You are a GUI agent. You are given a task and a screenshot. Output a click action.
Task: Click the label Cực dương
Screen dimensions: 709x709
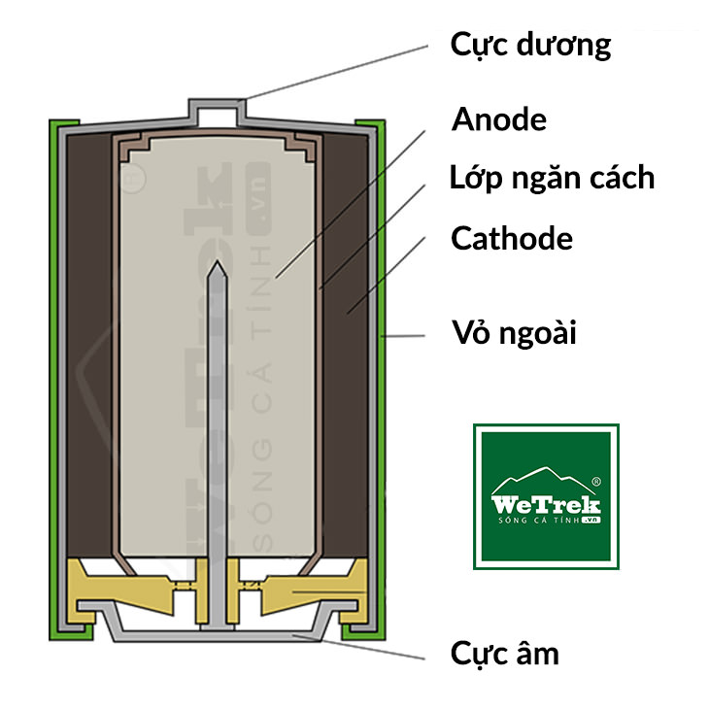[530, 46]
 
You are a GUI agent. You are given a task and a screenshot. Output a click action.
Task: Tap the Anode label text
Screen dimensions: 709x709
[499, 119]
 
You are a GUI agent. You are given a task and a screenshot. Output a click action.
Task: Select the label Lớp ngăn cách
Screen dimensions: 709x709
[552, 179]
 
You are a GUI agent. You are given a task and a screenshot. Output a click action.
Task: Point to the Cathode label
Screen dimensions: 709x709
[512, 238]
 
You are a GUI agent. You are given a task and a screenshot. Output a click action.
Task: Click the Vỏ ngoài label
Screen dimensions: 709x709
[515, 333]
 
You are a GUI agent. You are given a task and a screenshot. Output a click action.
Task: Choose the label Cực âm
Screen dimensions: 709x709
[505, 653]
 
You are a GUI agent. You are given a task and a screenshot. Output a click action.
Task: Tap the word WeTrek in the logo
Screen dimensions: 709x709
[546, 505]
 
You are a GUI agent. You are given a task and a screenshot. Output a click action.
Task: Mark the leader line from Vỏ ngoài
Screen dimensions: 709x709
[406, 335]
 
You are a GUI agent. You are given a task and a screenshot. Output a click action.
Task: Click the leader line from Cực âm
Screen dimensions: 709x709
[379, 647]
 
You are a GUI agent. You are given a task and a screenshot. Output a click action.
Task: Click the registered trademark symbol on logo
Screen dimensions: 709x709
[596, 481]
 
